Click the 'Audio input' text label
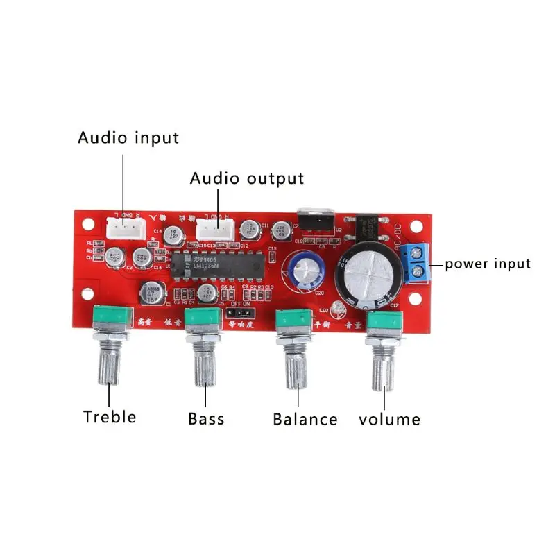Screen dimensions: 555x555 (x=128, y=137)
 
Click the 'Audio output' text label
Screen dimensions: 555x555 (x=247, y=178)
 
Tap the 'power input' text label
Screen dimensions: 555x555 (x=487, y=264)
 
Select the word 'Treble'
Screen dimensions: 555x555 (x=110, y=417)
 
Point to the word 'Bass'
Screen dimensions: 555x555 (x=206, y=419)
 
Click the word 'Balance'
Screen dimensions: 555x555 (x=305, y=419)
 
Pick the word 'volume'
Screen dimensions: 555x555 (x=389, y=419)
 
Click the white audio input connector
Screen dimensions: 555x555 (x=125, y=227)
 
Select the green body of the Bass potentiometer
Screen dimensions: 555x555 (x=205, y=320)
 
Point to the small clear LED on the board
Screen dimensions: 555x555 (x=338, y=308)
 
